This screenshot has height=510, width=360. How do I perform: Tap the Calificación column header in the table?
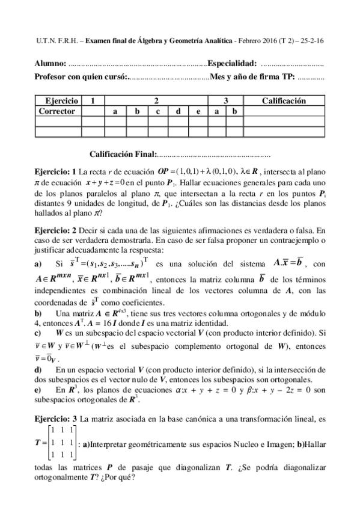(284, 101)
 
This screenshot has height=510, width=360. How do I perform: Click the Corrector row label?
(56, 111)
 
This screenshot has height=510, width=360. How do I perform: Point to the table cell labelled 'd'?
(178, 111)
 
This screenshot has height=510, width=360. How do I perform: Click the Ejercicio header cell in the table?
(56, 101)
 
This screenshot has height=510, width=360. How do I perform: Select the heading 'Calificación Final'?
(123, 155)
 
